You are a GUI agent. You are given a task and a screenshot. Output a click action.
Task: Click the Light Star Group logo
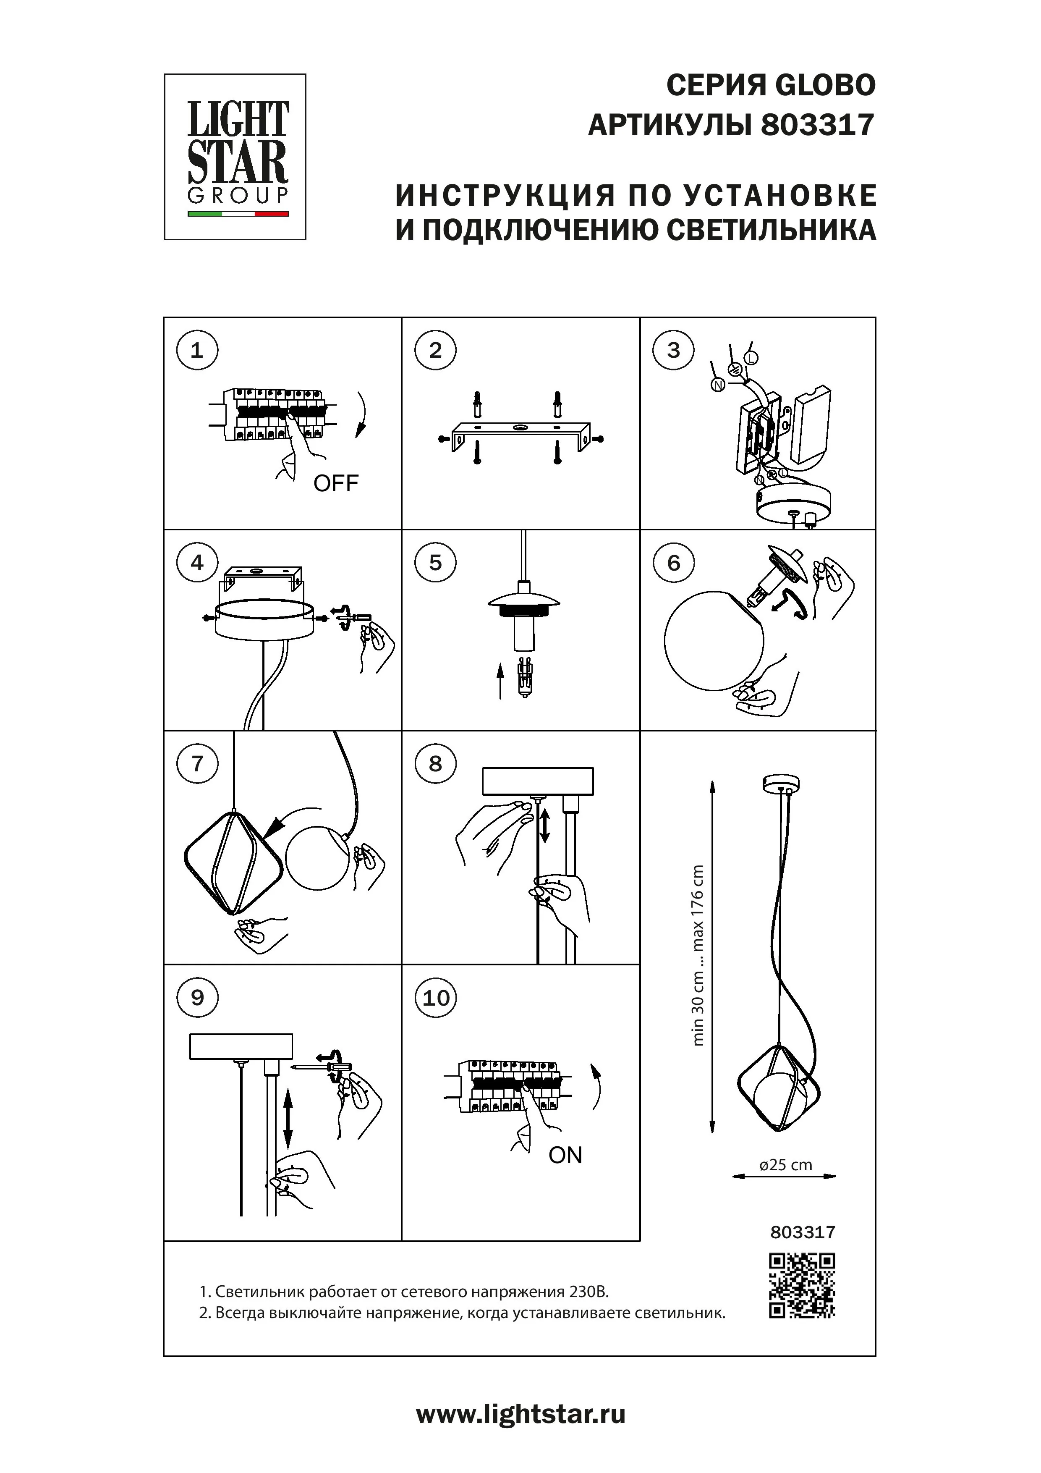(235, 157)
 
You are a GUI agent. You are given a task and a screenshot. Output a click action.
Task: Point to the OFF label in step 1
(335, 483)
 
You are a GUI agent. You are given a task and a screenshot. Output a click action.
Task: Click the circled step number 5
(436, 563)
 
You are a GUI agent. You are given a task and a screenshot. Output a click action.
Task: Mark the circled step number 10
(436, 998)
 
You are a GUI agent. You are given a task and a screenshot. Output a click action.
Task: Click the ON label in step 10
(565, 1156)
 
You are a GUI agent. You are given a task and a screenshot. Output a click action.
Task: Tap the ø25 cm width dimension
(785, 1164)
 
